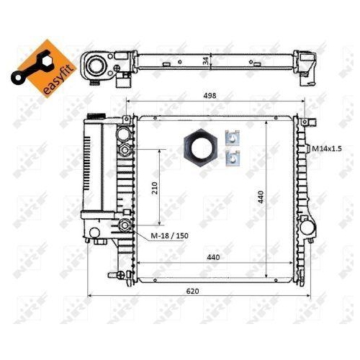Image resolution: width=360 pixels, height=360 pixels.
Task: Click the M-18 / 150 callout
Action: (170, 236)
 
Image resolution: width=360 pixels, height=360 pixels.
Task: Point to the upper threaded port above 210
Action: (127, 149)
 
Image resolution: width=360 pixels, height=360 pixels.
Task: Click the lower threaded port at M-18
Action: (127, 226)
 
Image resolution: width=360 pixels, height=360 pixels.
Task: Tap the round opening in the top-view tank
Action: (96, 66)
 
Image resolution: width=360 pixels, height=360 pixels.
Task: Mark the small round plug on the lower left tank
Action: (94, 233)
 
